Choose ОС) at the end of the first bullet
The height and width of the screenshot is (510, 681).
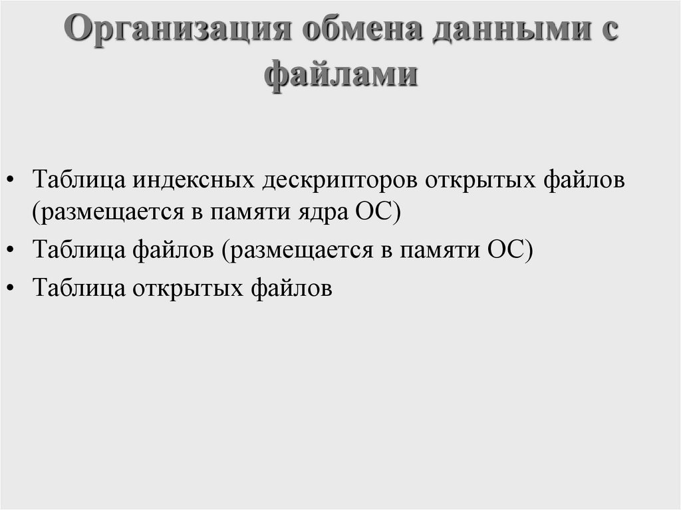[380, 212]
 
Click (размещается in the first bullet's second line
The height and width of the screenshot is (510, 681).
[104, 213]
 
